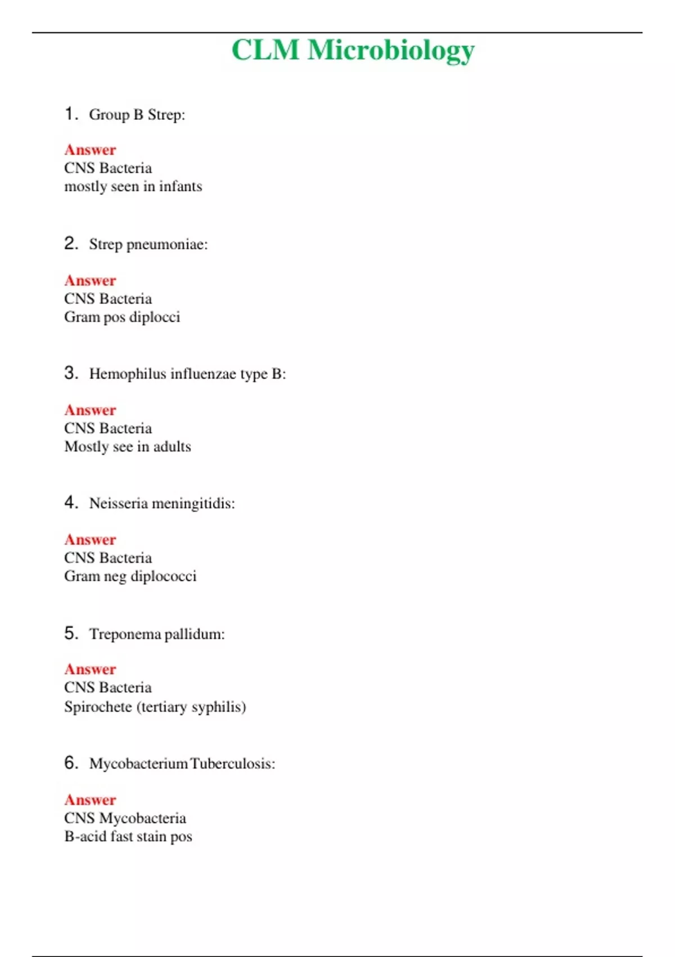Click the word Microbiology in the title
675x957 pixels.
391,51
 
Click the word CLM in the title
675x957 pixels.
265,50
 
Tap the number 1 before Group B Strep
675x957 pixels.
70,114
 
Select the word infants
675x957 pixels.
181,186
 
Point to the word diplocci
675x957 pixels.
155,317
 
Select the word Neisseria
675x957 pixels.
118,503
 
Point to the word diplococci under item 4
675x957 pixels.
163,576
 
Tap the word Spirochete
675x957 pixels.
98,706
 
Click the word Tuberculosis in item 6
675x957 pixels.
232,764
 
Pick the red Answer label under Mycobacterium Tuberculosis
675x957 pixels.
90,800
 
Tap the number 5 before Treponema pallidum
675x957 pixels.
70,633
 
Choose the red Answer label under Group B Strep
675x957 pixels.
90,150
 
